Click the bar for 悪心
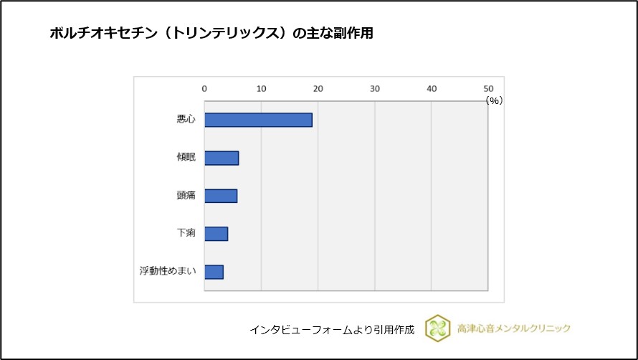tap(258, 120)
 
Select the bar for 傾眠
tap(222, 158)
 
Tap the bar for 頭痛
tap(221, 196)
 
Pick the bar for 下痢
tap(216, 234)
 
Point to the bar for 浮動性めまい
tap(214, 272)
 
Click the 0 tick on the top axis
tap(204, 89)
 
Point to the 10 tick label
tap(261, 89)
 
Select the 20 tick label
tap(318, 89)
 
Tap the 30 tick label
tap(374, 89)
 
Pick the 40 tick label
tap(431, 89)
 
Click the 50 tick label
tap(487, 89)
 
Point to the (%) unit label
tap(493, 101)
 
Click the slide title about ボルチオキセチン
tap(211, 34)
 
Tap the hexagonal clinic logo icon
tap(437, 328)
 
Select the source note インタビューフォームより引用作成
tap(332, 330)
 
